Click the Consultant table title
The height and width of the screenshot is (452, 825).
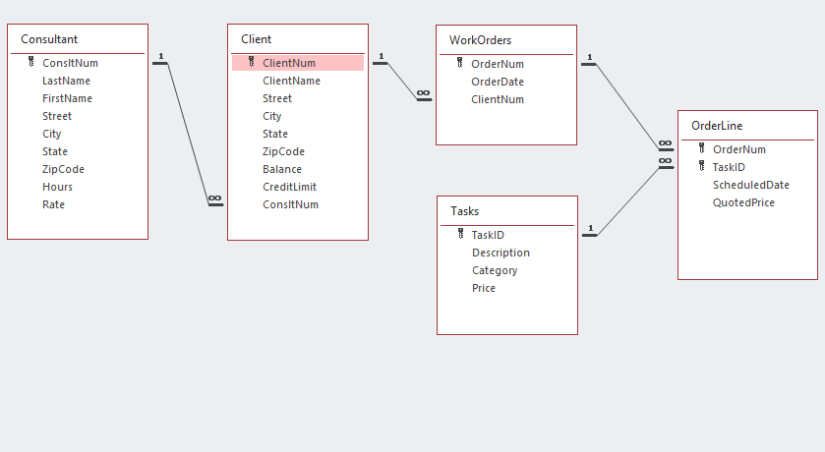click(49, 39)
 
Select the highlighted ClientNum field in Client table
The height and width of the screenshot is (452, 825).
click(289, 63)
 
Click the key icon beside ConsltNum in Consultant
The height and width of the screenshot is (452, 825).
click(31, 63)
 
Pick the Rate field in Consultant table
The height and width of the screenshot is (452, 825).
click(53, 204)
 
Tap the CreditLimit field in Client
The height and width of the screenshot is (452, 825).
click(289, 187)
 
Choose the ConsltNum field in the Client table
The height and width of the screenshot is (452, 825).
click(290, 204)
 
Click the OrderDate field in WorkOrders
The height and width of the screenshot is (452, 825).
click(498, 82)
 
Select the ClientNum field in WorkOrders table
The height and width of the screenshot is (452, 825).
click(498, 99)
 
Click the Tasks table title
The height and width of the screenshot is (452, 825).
click(465, 211)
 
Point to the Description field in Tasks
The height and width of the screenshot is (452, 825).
click(501, 253)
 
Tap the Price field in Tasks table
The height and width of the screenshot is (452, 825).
click(483, 288)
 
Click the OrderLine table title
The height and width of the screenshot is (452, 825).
click(717, 126)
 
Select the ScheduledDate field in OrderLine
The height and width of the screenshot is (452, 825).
click(750, 185)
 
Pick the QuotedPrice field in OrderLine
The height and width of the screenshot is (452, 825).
click(743, 202)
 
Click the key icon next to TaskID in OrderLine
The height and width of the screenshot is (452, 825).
click(702, 167)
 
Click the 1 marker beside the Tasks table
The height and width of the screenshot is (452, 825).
click(590, 230)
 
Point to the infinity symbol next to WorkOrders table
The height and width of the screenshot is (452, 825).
click(424, 93)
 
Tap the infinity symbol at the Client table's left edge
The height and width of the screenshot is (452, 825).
click(214, 199)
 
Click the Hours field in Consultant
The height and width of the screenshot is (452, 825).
click(57, 187)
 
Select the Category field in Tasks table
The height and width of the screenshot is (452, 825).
click(495, 270)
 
